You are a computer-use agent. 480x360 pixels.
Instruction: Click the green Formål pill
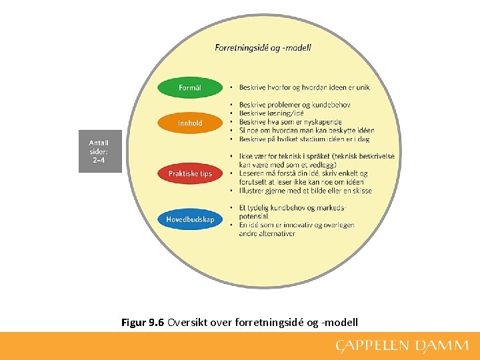coord(190,87)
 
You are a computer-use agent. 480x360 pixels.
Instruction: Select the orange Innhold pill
coord(190,123)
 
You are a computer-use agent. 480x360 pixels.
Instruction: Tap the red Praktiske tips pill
coord(190,173)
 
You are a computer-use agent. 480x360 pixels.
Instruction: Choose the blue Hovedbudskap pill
coord(190,219)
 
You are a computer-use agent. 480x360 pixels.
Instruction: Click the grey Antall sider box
coord(99,151)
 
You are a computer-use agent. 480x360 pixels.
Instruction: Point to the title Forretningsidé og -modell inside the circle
coord(263,47)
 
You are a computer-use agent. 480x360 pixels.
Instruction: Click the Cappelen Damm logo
coord(401,345)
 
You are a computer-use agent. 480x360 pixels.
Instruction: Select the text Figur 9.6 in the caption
coord(143,323)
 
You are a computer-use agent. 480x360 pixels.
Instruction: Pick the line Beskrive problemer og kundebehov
coord(295,105)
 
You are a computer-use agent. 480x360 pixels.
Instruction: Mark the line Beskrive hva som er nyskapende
coord(290,122)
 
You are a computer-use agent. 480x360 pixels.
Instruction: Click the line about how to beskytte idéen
coord(306,131)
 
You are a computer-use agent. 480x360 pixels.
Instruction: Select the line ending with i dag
coord(304,139)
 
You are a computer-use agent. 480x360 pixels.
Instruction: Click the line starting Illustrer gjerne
coord(305,191)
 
